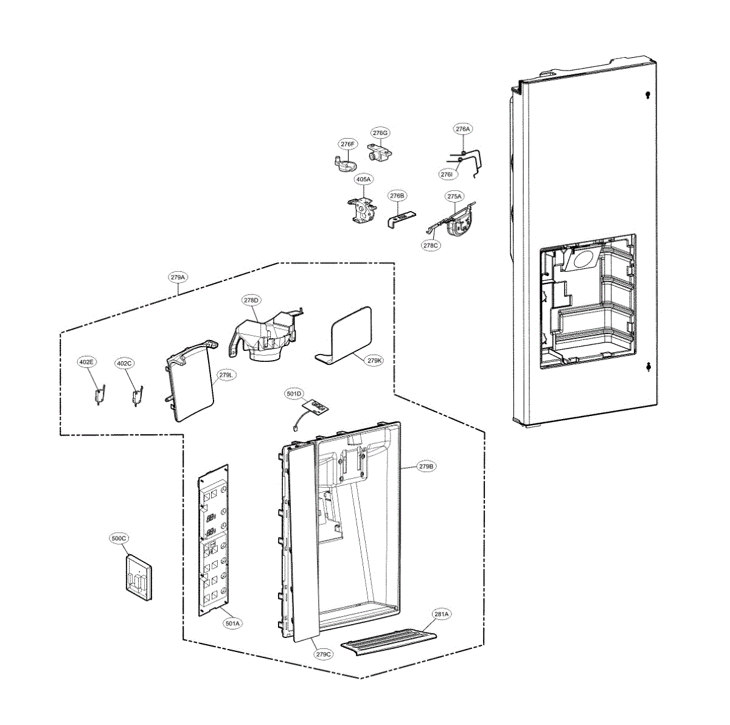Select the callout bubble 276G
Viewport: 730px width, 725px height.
[380, 133]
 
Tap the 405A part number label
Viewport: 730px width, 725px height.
[363, 179]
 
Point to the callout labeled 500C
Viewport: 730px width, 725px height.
[119, 538]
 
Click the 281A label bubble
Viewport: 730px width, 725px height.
[442, 614]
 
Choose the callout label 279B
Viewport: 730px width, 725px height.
[426, 467]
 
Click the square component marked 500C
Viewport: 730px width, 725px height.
[139, 577]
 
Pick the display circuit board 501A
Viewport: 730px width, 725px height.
[213, 541]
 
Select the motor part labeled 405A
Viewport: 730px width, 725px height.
[362, 211]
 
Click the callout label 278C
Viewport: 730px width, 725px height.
[430, 245]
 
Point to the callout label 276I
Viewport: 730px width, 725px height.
[447, 174]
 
